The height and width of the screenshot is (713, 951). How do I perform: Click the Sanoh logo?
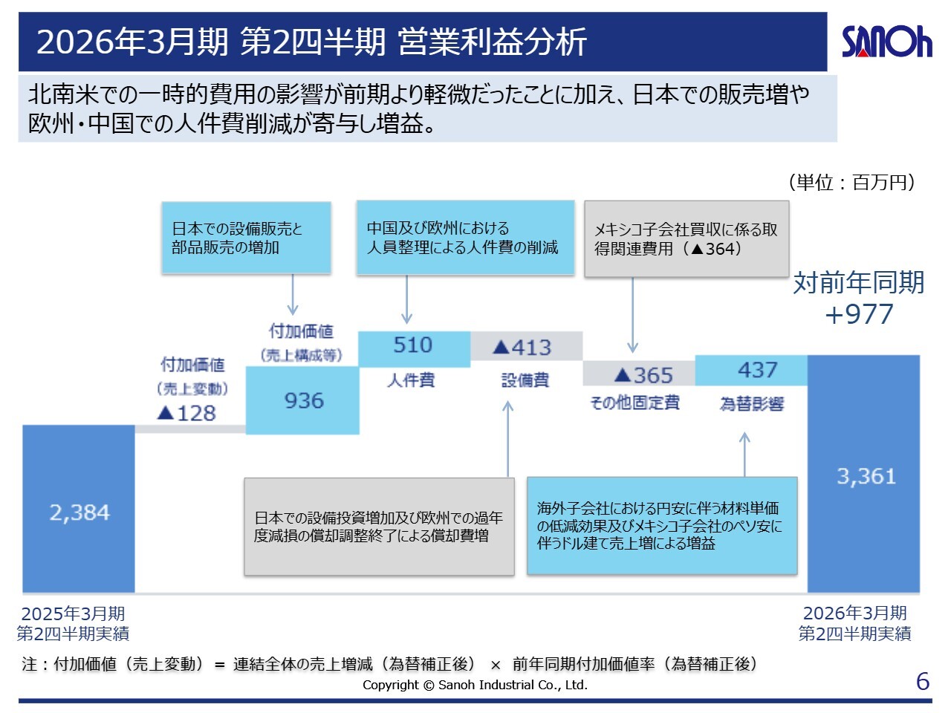886,42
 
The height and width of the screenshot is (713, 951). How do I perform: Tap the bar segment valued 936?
303,401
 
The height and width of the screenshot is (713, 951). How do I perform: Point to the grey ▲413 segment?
526,347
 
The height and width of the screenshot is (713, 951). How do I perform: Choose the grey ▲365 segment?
639,374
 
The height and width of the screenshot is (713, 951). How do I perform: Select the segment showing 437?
751,371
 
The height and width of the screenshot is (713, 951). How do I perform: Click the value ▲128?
187,414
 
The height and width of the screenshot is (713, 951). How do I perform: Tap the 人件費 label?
411,380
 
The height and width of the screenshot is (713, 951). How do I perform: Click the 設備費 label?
525,380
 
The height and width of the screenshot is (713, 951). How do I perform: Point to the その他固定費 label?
634,403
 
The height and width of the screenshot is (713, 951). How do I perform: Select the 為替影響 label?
752,403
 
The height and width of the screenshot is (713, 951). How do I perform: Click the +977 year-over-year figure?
859,314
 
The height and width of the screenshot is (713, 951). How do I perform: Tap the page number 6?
923,681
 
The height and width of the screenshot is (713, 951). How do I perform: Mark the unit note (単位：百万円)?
851,183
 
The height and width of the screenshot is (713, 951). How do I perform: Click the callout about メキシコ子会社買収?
686,239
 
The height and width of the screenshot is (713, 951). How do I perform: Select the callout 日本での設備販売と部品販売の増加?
246,238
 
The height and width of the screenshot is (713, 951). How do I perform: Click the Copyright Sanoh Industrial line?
475,685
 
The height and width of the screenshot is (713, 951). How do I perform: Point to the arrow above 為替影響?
744,453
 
